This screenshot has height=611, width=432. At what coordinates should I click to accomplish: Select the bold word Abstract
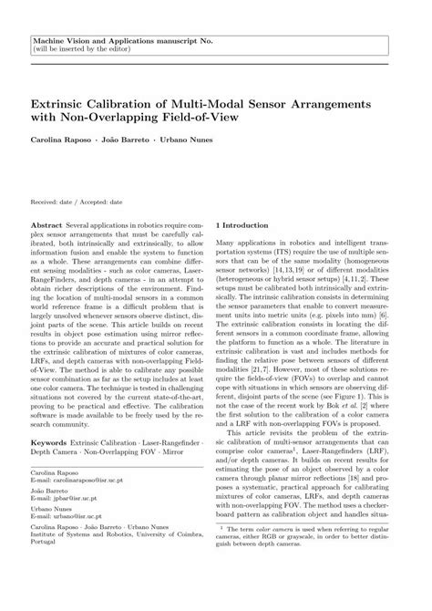click(x=46, y=223)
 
